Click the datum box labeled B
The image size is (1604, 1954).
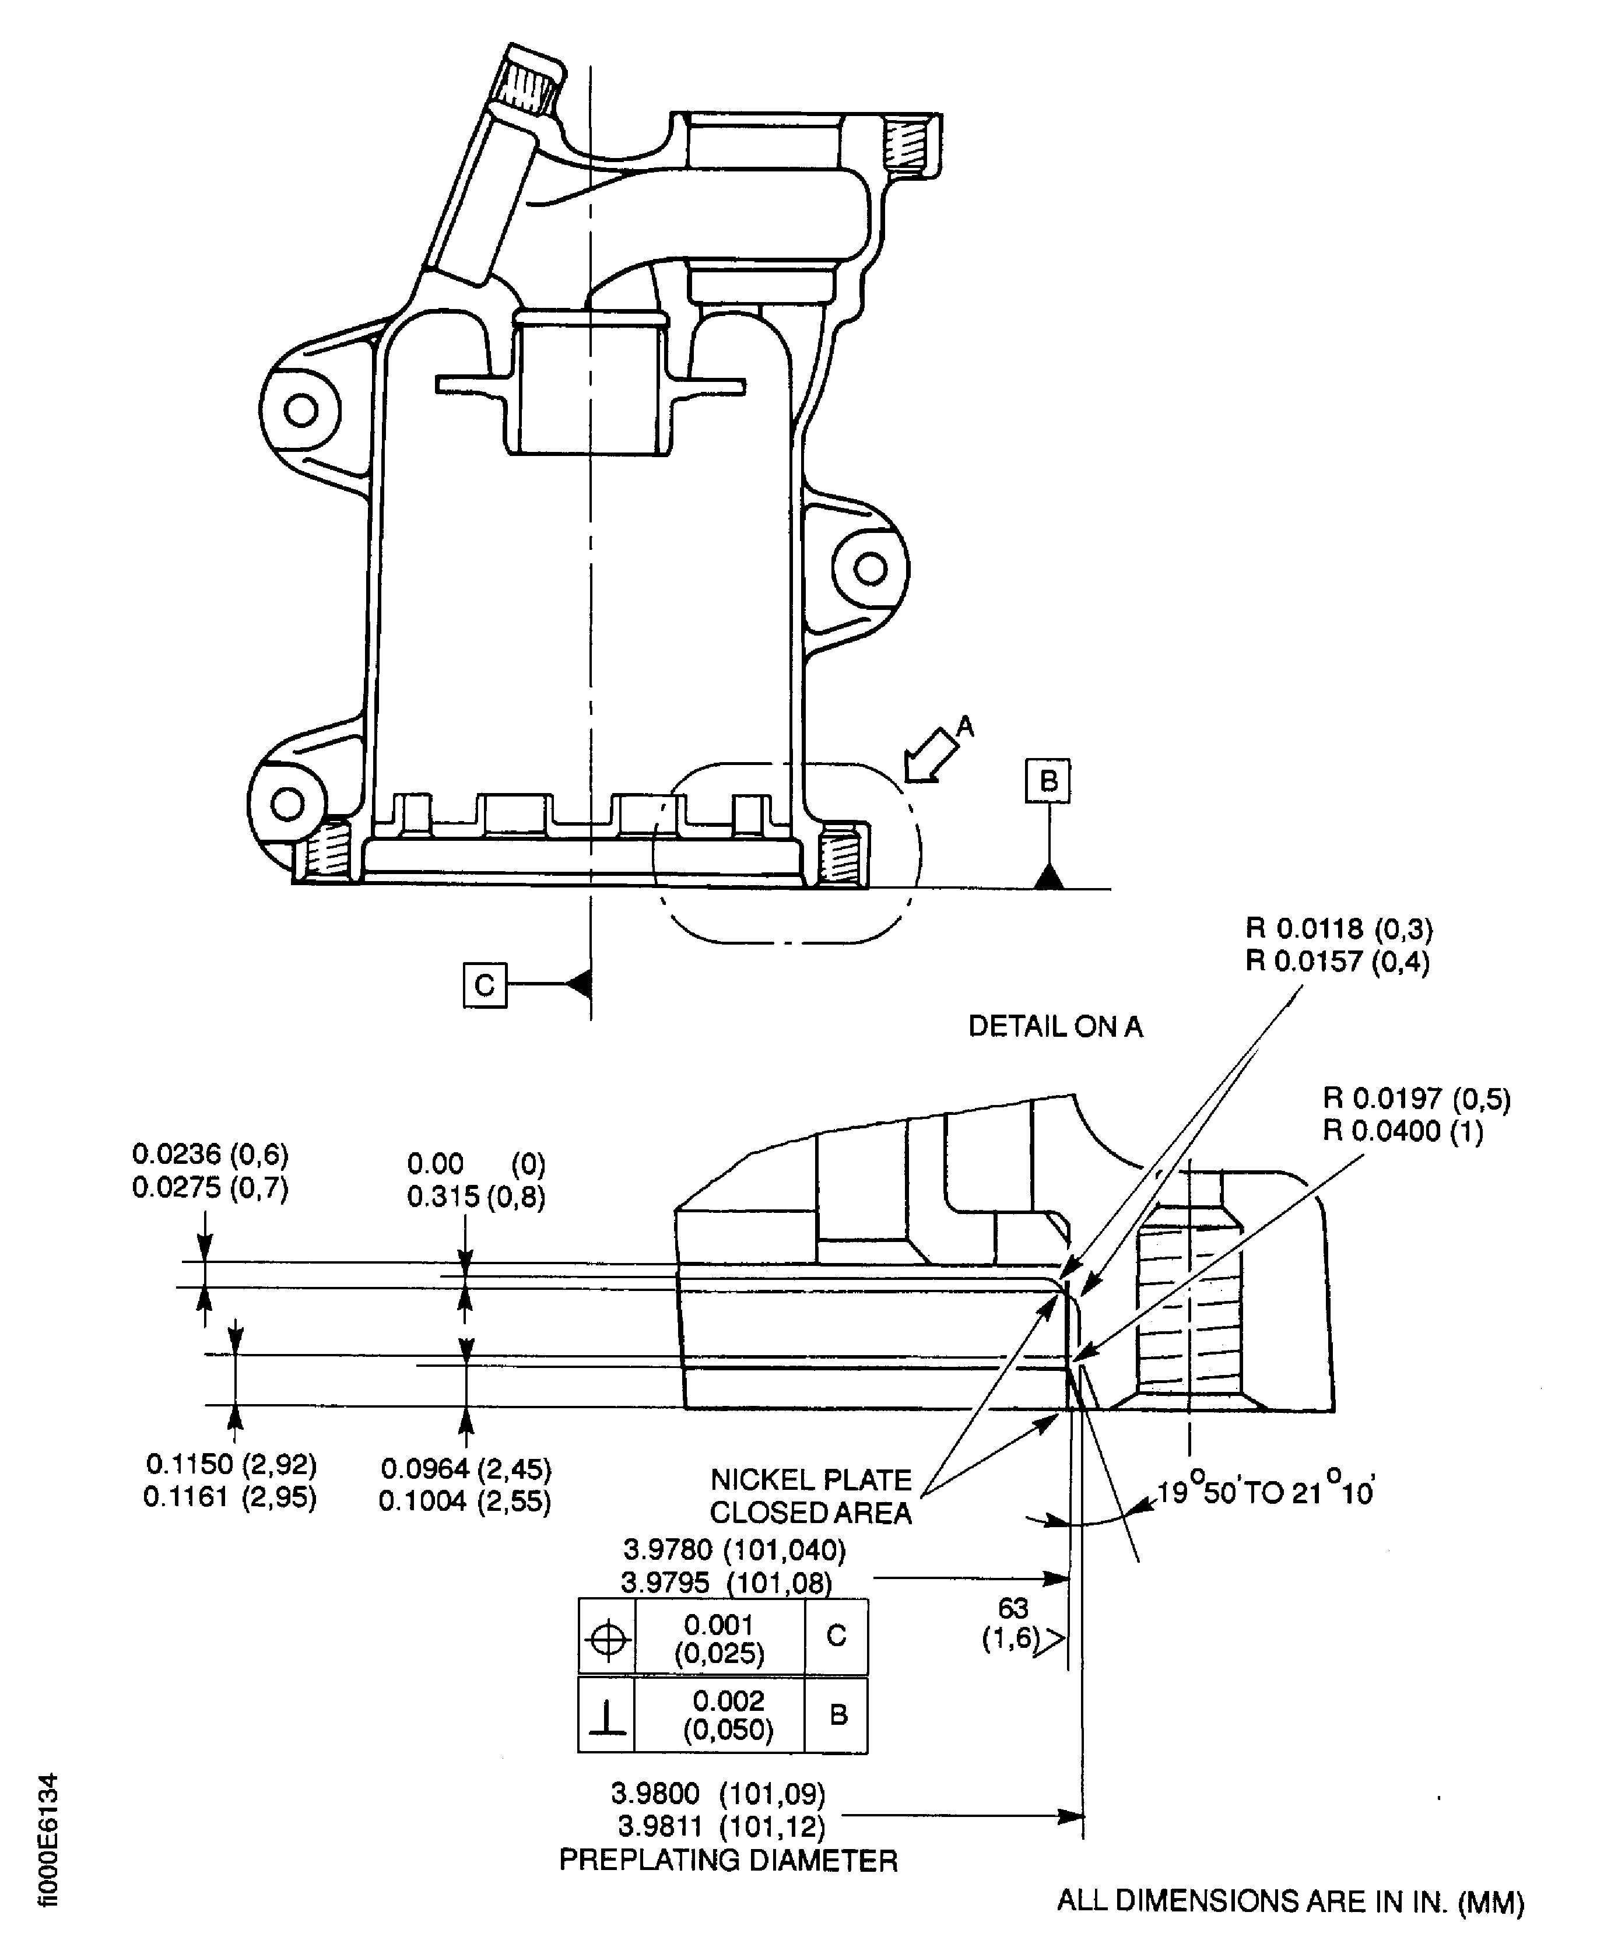[1048, 781]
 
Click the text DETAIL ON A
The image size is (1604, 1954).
[1055, 1026]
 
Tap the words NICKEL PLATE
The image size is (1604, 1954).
[810, 1480]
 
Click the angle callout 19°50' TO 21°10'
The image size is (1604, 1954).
[1266, 1493]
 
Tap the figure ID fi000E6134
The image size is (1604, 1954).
[48, 1839]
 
